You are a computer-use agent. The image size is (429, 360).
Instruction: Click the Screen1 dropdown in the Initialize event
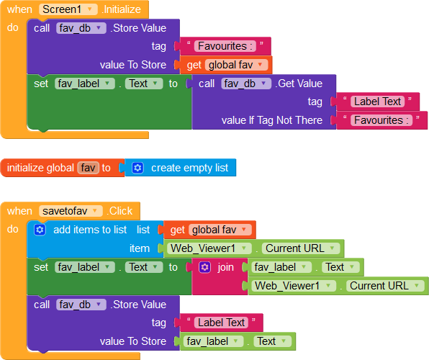click(68, 9)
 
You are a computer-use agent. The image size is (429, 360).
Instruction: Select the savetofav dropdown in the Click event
click(71, 211)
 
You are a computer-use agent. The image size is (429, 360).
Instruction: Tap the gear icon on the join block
click(205, 267)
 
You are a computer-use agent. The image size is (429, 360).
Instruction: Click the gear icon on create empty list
click(137, 168)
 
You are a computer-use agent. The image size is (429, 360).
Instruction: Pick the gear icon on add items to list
click(40, 230)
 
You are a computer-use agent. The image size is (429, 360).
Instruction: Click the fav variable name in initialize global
click(88, 168)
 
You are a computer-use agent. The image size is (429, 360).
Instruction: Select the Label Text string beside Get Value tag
click(377, 102)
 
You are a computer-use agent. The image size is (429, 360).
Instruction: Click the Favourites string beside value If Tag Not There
click(381, 120)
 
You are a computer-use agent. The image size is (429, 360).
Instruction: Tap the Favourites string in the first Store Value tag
click(225, 46)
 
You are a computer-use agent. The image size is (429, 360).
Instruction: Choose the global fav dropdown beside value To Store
click(236, 65)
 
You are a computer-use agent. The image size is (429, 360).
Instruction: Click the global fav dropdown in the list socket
click(220, 230)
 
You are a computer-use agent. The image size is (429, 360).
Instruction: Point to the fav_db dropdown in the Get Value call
click(246, 84)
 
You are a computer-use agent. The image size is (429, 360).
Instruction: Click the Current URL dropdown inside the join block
click(385, 286)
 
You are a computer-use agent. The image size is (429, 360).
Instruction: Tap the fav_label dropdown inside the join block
click(281, 267)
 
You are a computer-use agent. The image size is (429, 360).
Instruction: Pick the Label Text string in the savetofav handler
click(221, 323)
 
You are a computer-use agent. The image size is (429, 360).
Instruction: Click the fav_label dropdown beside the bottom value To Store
click(213, 341)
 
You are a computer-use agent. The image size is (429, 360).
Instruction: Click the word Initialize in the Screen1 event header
click(122, 9)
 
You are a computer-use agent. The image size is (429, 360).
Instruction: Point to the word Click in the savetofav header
click(121, 211)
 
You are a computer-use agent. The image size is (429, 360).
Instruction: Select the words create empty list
click(189, 168)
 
